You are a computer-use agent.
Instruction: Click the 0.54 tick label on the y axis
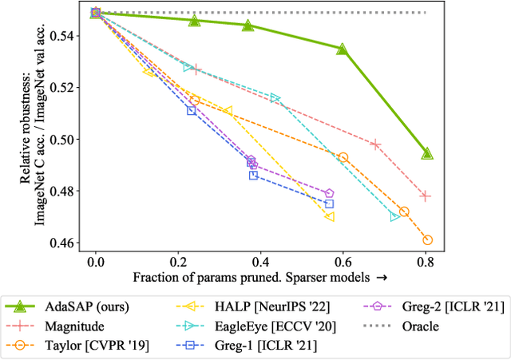coord(66,36)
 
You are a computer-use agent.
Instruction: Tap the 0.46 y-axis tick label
coord(66,243)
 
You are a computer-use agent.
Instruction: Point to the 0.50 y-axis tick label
coord(66,140)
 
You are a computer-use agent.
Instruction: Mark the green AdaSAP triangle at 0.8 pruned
coord(427,153)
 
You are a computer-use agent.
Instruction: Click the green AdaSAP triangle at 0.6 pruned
coord(343,49)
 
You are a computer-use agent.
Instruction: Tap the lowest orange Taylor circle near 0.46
coord(427,240)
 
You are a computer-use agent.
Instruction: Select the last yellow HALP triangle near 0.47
coord(329,216)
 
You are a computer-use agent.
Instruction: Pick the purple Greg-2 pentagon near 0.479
coord(329,194)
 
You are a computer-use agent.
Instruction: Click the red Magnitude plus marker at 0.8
coord(426,196)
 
